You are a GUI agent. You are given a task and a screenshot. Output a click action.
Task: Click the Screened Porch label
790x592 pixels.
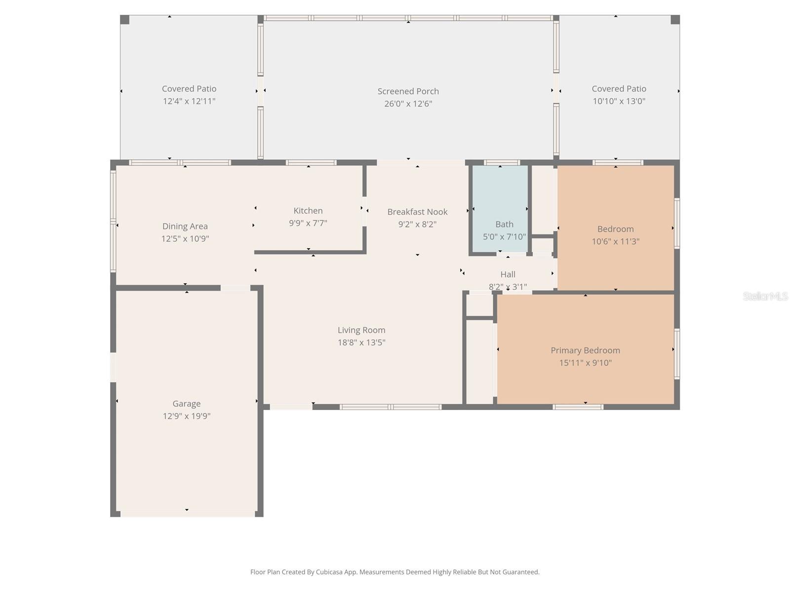(x=408, y=91)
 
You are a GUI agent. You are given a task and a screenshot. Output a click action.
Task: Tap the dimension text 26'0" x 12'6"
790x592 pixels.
(x=408, y=104)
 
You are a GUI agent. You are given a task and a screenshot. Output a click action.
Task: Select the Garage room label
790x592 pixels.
(x=186, y=404)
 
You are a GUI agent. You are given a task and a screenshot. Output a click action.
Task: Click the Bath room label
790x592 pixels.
(x=504, y=224)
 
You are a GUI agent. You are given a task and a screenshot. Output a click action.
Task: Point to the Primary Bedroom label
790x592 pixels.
(x=585, y=350)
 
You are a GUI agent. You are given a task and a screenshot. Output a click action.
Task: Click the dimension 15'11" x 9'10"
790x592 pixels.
(x=585, y=363)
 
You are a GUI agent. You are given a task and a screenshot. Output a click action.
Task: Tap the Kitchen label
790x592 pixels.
(x=308, y=211)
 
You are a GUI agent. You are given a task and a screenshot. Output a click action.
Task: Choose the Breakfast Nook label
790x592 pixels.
(x=417, y=212)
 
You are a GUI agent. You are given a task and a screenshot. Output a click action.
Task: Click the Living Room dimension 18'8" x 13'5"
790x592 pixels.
(x=361, y=342)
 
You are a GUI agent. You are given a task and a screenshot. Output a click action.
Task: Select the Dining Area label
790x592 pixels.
(x=185, y=226)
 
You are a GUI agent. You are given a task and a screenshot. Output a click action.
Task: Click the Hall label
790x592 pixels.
(x=508, y=274)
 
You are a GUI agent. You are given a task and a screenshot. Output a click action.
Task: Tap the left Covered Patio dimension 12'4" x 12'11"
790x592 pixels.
(x=189, y=101)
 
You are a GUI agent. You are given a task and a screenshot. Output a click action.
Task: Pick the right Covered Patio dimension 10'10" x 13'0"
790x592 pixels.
(x=619, y=101)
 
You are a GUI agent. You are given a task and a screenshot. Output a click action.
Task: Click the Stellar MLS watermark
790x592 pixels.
(x=765, y=296)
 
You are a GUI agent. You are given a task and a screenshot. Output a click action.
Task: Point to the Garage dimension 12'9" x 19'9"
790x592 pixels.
(x=186, y=416)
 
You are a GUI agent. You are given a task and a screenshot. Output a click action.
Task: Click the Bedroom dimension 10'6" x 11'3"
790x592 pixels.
(x=615, y=241)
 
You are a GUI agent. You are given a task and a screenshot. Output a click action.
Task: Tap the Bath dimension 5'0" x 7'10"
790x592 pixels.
(x=504, y=237)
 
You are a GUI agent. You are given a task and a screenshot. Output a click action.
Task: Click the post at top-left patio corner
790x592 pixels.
(x=125, y=20)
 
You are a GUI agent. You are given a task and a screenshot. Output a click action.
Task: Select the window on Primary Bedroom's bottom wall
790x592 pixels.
(x=578, y=407)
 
